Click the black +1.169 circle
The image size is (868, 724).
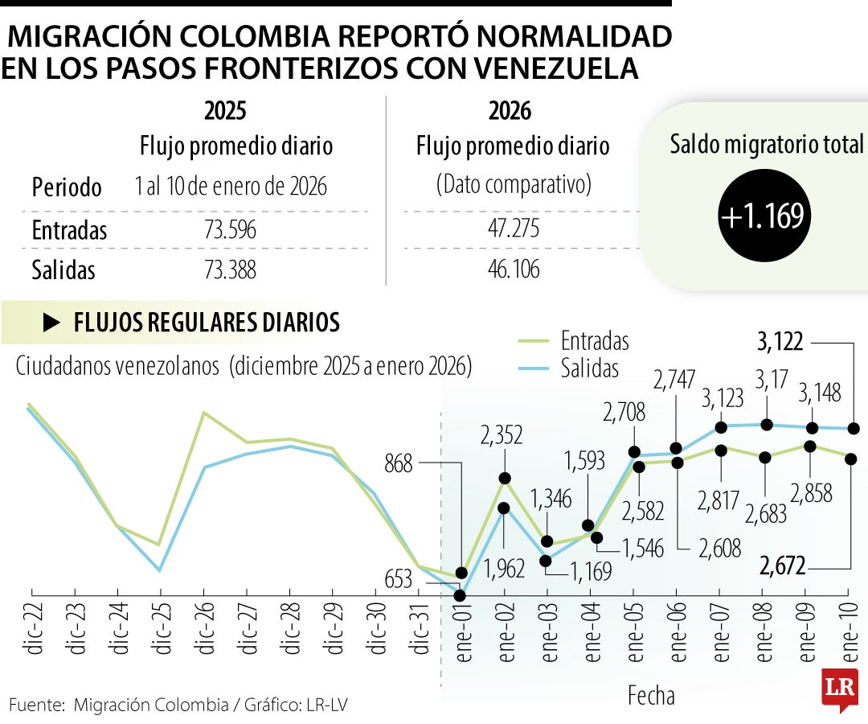point(762,216)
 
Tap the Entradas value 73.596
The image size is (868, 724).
point(230,231)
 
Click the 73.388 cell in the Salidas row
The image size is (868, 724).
point(230,270)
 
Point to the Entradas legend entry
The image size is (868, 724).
point(595,341)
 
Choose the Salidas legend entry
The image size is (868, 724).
point(590,368)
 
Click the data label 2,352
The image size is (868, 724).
point(502,435)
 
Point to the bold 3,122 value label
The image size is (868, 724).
point(780,343)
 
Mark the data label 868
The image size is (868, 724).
point(398,464)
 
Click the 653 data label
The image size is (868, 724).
point(398,579)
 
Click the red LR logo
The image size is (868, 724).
point(839,688)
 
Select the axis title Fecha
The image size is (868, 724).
point(651,695)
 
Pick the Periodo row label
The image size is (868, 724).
point(67,187)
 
